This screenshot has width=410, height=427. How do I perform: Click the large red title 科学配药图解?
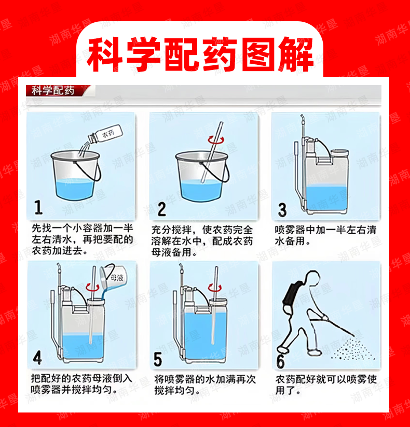click(200, 55)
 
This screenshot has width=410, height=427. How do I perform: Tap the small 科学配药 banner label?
click(53, 90)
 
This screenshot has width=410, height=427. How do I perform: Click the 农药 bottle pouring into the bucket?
click(105, 134)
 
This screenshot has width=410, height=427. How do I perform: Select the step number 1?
click(38, 207)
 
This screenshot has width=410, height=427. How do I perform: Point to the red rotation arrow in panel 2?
click(216, 140)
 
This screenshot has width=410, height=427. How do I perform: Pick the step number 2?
click(161, 209)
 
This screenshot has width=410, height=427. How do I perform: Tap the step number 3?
click(282, 210)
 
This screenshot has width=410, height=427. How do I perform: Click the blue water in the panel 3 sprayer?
click(326, 198)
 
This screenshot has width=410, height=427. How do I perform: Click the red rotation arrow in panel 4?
click(92, 287)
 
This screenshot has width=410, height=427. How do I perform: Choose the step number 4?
click(37, 358)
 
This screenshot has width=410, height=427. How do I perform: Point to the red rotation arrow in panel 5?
click(215, 288)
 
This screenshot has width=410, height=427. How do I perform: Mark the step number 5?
click(158, 359)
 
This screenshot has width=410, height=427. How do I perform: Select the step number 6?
click(280, 361)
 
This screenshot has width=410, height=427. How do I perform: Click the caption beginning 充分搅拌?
click(202, 241)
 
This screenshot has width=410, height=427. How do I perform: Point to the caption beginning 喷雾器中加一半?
click(325, 235)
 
